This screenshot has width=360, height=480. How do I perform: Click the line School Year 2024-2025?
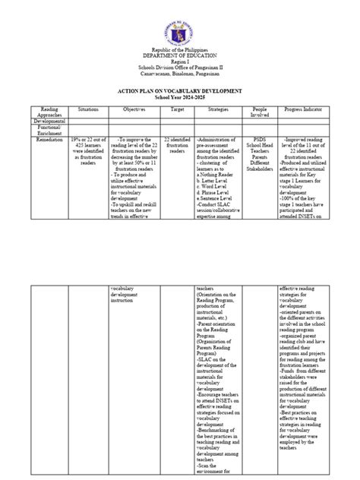click(x=180, y=98)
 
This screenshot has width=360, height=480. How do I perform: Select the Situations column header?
click(x=88, y=109)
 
